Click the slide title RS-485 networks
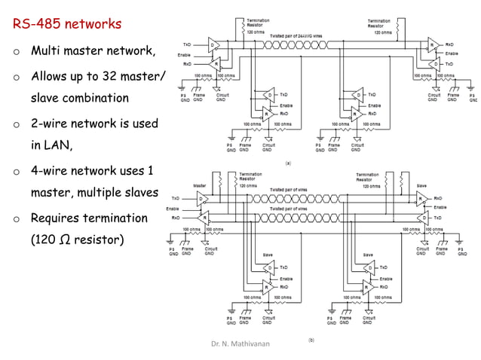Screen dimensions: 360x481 point(67,24)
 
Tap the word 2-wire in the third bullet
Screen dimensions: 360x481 point(51,124)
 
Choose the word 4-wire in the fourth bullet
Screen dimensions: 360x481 point(51,170)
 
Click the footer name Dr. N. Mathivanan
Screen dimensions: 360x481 point(240,343)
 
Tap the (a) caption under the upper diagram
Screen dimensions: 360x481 point(287,162)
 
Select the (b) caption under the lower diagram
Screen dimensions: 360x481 point(310,340)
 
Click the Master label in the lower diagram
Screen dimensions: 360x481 point(200,185)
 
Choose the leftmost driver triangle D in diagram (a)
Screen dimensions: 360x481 point(214,45)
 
